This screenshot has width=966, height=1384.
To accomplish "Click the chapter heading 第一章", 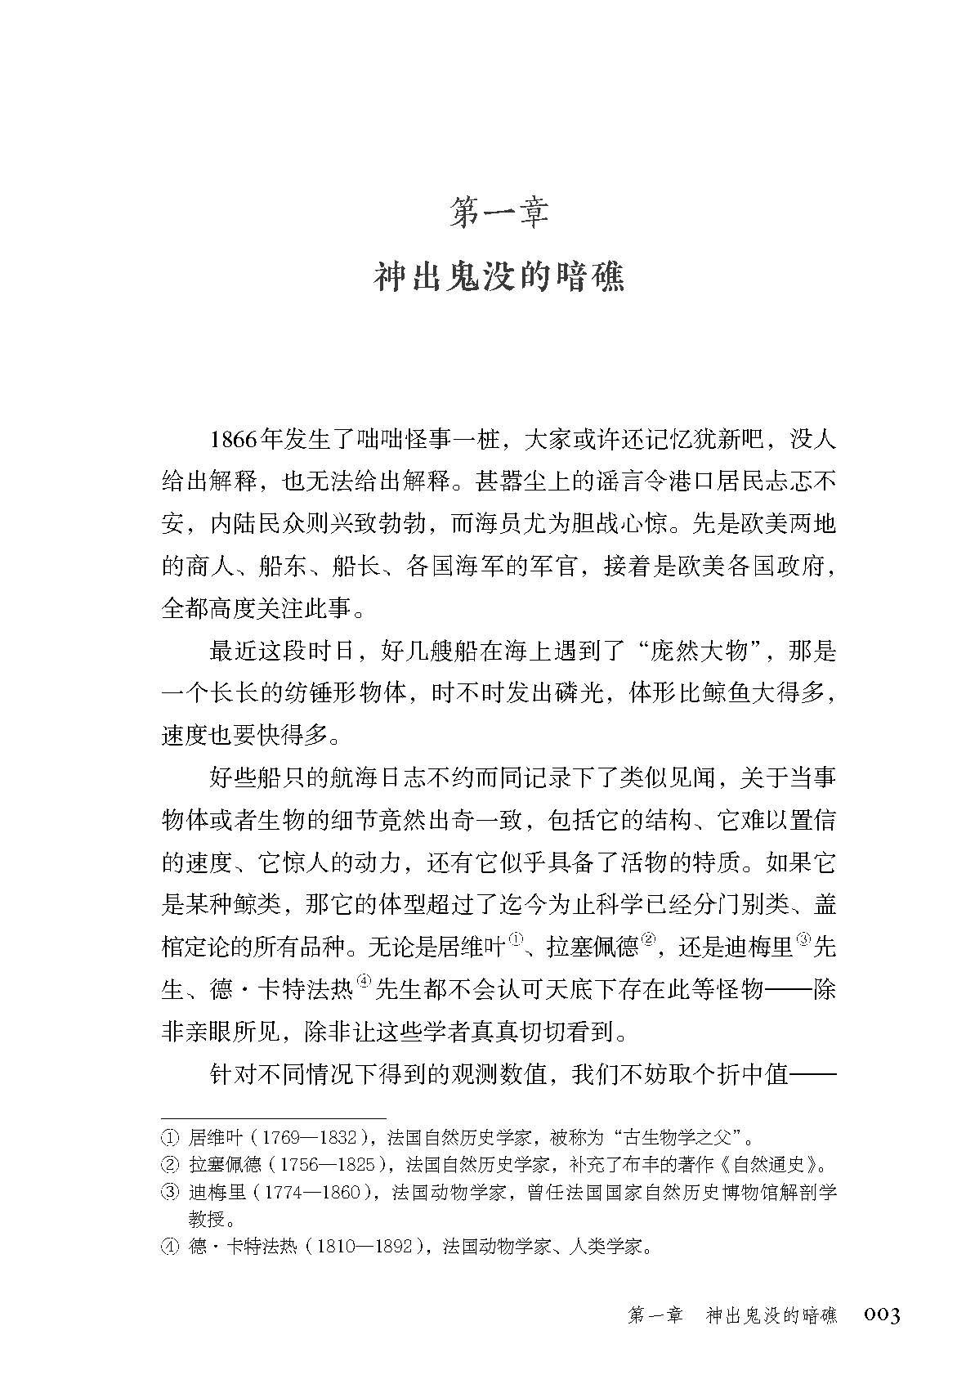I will (499, 212).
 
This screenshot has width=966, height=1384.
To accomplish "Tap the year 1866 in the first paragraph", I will (233, 439).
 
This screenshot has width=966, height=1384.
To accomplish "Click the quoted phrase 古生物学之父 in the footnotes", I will (682, 1137).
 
